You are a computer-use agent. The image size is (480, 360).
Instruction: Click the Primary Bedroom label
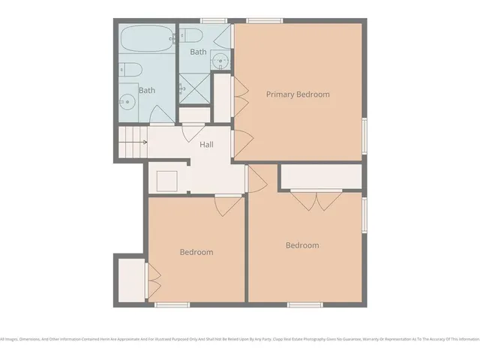[x=298, y=94]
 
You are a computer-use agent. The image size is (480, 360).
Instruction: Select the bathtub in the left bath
[x=146, y=40]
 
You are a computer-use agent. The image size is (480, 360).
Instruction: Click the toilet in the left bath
[x=130, y=70]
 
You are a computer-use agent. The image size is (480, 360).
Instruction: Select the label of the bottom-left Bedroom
[x=196, y=253]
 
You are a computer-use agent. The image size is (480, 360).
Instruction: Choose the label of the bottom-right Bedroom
[x=302, y=245]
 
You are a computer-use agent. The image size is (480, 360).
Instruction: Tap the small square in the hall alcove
[x=166, y=181]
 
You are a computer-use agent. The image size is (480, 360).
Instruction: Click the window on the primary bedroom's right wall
[x=365, y=136]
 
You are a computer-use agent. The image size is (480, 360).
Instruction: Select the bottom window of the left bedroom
[x=172, y=304]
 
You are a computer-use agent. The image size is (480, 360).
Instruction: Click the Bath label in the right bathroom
[x=198, y=52]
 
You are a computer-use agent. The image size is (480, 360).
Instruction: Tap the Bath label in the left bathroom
[x=147, y=90]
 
